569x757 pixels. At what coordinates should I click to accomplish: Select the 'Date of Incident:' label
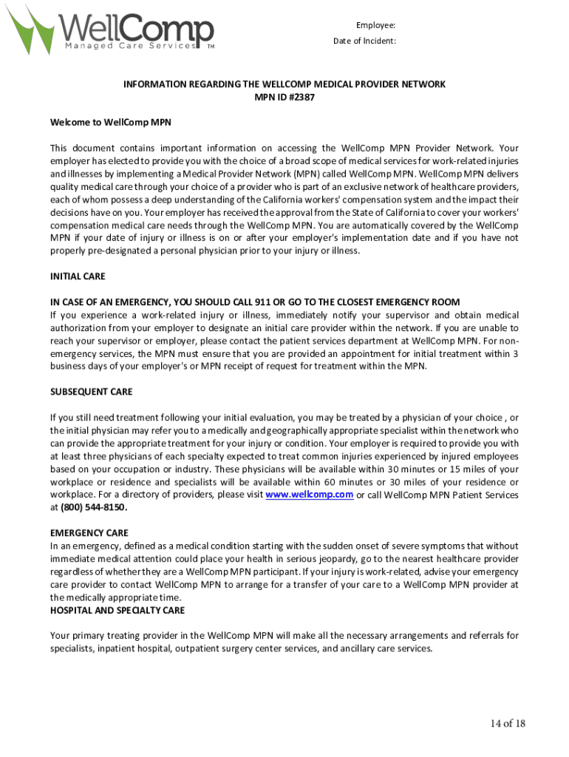(364, 41)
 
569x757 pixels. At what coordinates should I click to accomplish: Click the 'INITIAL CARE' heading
(78, 276)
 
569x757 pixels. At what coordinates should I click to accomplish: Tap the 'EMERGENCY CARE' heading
(89, 533)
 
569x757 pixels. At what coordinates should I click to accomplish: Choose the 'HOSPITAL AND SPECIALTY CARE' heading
(117, 611)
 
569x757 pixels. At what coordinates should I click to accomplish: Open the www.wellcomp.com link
(309, 495)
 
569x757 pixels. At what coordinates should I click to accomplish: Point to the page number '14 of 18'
(507, 723)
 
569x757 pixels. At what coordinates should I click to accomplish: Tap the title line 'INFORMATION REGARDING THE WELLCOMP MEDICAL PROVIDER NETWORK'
(284, 84)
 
